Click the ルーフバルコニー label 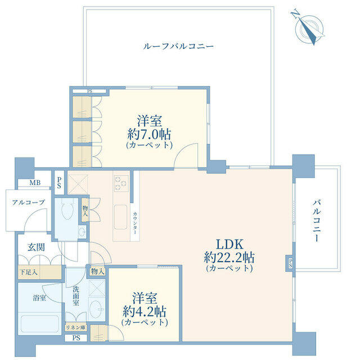[x=178, y=46]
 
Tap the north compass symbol [x=308, y=28]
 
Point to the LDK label [x=229, y=244]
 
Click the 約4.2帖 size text [x=145, y=311]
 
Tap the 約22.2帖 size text [x=229, y=258]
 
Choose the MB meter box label [x=35, y=183]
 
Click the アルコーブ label [x=28, y=202]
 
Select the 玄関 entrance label [x=36, y=247]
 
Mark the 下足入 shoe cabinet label [x=29, y=272]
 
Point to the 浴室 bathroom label [x=39, y=298]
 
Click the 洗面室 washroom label [x=76, y=296]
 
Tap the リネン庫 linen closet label [x=75, y=327]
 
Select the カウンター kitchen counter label [x=135, y=223]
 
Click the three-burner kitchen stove [x=121, y=183]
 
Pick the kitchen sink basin [x=121, y=217]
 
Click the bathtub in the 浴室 [x=40, y=324]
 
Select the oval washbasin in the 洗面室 [x=96, y=309]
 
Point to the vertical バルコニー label [x=316, y=220]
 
